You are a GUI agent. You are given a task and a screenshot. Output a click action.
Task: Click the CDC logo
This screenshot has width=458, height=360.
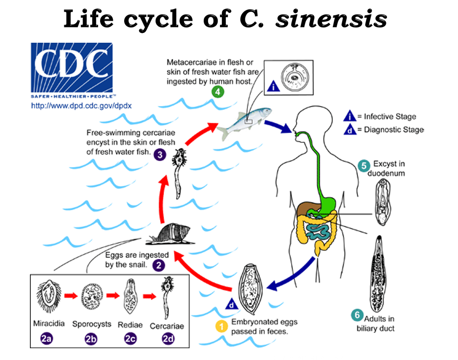(x=72, y=69)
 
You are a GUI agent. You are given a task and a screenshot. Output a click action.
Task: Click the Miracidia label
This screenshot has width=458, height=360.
(x=49, y=324)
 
